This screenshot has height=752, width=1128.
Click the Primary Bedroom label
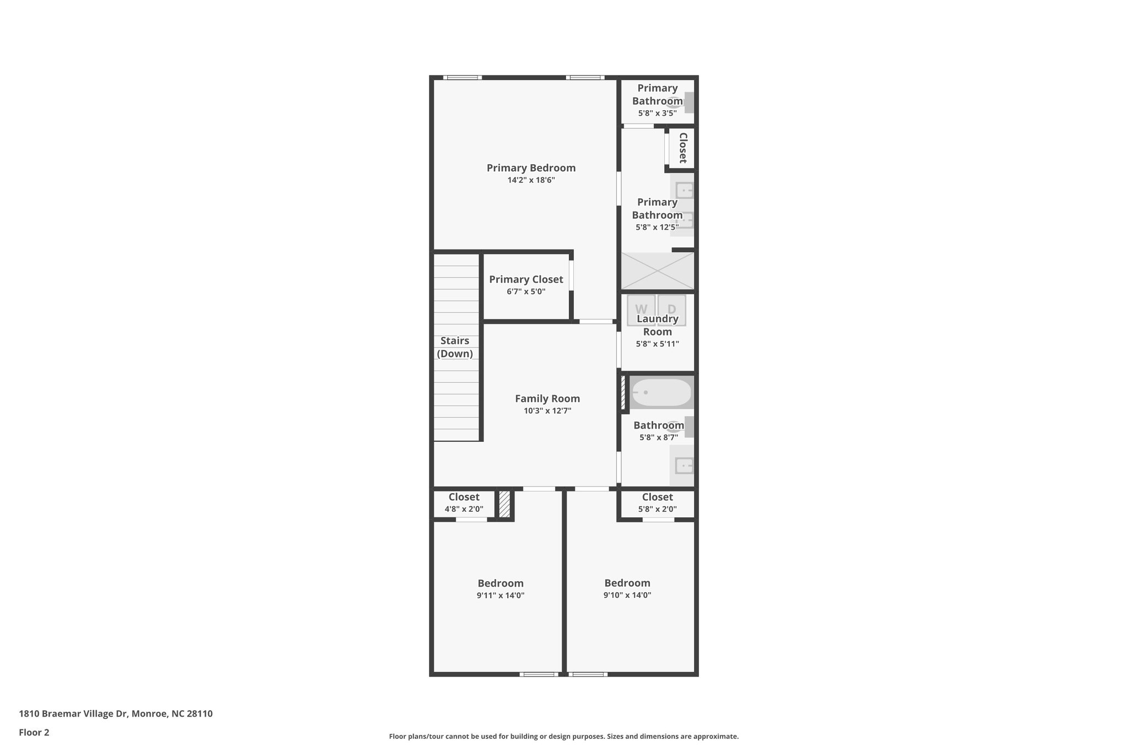coord(531,168)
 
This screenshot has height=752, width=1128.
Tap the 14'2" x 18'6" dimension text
coord(531,180)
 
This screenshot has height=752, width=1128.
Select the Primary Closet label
coord(526,280)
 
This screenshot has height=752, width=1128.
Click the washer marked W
coord(641,309)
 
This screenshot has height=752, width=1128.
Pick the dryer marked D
coord(672,309)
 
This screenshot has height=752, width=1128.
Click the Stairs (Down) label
coord(455,347)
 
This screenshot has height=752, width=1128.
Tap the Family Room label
coord(547,398)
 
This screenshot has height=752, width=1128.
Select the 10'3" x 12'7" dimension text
coord(547,410)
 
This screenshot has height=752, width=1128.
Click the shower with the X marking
coord(658,271)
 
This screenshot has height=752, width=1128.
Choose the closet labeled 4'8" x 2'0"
coord(464,502)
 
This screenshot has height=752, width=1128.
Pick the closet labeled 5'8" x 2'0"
coord(657,502)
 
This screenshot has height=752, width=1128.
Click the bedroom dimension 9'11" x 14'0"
coord(500,596)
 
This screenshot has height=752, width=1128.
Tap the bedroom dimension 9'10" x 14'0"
coord(627,595)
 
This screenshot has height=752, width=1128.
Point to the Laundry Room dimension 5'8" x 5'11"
coord(657,344)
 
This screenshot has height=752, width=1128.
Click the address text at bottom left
coord(116,713)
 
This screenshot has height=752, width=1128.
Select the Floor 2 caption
coord(34,732)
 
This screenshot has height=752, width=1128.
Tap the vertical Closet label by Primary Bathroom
coord(683,148)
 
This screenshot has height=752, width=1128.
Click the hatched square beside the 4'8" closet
coord(505,504)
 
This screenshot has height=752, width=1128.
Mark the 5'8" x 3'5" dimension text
coord(657,113)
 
